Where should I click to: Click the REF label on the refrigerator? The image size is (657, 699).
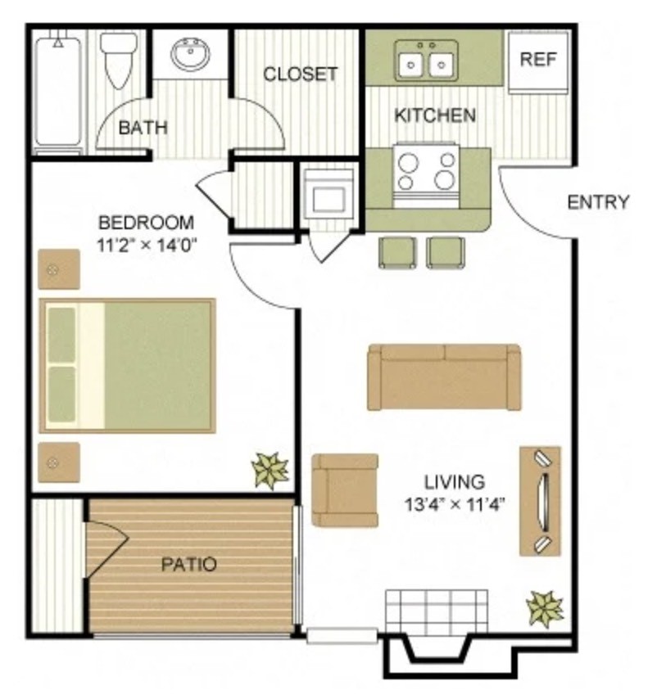click(538, 59)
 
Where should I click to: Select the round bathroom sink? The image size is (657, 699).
click(192, 56)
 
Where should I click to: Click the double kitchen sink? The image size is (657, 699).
click(426, 61)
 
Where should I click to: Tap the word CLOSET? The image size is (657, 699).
click(300, 74)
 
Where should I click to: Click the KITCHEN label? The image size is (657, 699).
click(435, 115)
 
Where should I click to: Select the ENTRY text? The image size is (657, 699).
click(598, 202)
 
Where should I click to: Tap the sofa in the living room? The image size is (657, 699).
click(444, 377)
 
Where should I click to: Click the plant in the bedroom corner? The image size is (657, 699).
click(270, 470)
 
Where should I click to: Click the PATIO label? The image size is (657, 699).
click(188, 565)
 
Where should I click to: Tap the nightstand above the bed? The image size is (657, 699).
click(59, 268)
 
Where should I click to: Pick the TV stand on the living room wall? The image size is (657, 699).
click(540, 501)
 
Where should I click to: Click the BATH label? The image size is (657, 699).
click(143, 128)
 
